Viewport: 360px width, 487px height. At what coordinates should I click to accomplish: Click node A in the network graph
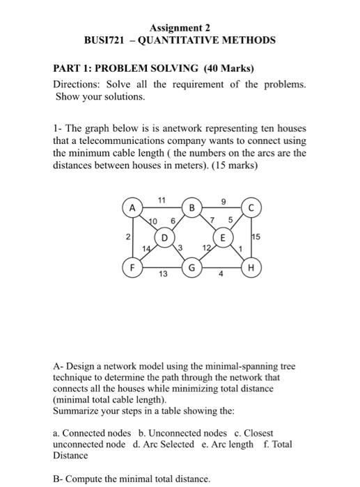[x=130, y=207]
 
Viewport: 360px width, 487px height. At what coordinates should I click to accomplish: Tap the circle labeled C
[x=251, y=207]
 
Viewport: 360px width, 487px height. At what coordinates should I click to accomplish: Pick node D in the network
[x=165, y=237]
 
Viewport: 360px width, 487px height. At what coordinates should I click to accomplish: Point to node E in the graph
[x=224, y=237]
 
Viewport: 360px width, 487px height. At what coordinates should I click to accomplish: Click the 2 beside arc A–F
[x=126, y=237]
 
